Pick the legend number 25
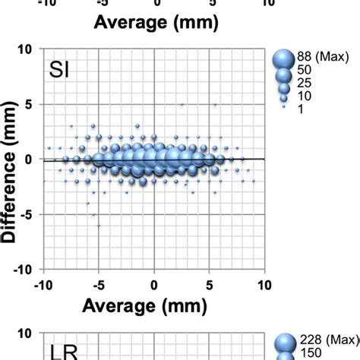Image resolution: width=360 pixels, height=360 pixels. coord(305,83)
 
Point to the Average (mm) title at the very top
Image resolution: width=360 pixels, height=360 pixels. coord(155,22)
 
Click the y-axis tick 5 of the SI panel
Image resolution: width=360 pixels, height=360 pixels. coord(29,104)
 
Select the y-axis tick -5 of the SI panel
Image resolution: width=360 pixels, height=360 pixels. coord(27,214)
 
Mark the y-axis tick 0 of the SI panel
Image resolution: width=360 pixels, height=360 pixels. coord(29,159)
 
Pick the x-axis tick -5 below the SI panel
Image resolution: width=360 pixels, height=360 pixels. coord(98,284)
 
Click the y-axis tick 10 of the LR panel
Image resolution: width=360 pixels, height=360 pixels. coord(26,333)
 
